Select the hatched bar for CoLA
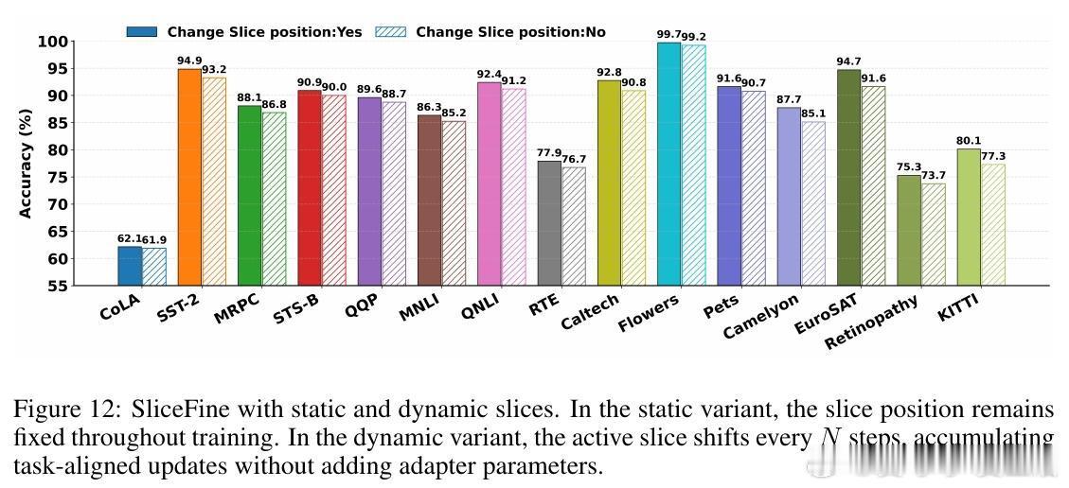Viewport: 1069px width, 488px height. point(153,266)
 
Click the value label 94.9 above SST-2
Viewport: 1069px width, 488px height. point(189,61)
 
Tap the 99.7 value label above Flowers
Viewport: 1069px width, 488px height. point(668,35)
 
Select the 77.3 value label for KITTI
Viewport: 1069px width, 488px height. point(993,156)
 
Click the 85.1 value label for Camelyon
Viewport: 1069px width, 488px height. point(813,113)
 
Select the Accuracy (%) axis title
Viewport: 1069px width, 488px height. point(26,163)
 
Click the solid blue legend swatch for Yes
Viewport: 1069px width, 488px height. point(141,31)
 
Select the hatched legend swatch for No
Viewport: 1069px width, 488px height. point(390,31)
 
